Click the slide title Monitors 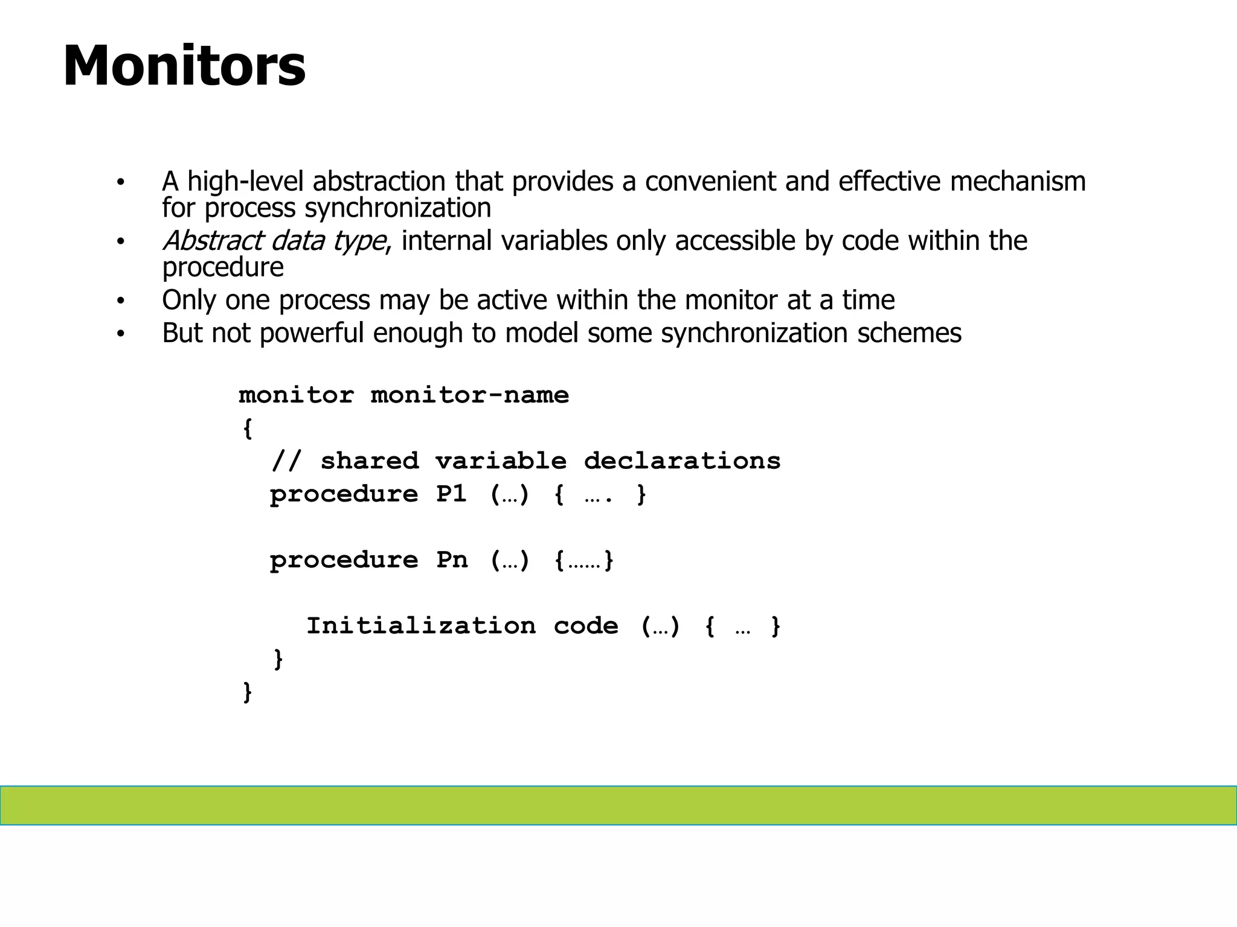coord(184,66)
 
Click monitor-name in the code coord(469,395)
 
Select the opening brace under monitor coord(247,428)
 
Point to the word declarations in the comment coord(682,462)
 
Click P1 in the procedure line coord(451,495)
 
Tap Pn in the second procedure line coord(451,561)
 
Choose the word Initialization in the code coord(421,626)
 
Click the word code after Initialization coord(585,626)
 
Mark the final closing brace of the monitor coord(247,692)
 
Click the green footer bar coord(618,805)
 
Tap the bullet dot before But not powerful coord(121,334)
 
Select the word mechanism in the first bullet coord(1018,182)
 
